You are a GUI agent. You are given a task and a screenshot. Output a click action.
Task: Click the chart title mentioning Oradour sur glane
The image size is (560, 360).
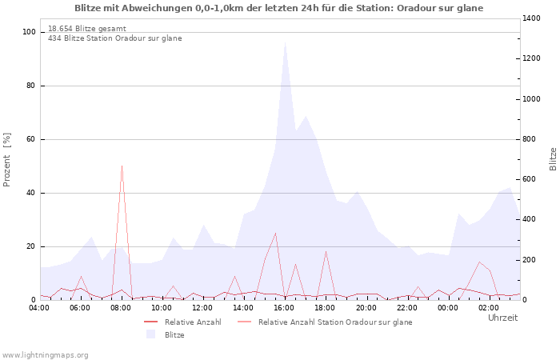pyautogui.click(x=279, y=8)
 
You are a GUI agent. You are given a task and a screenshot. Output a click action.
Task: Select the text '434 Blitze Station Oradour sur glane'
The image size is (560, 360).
pyautogui.click(x=114, y=38)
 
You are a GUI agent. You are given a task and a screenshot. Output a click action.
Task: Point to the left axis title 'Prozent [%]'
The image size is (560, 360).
pyautogui.click(x=7, y=160)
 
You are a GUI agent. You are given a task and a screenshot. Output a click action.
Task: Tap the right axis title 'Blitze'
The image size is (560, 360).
pyautogui.click(x=553, y=158)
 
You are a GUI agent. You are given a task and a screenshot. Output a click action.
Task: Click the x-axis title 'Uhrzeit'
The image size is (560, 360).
pyautogui.click(x=502, y=318)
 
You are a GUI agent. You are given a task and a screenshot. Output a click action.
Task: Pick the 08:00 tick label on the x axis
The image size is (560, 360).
pyautogui.click(x=122, y=308)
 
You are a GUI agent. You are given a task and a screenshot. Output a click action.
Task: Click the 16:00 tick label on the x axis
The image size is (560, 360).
pyautogui.click(x=285, y=308)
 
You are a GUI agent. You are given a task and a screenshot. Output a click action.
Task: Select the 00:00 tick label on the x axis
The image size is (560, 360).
pyautogui.click(x=448, y=308)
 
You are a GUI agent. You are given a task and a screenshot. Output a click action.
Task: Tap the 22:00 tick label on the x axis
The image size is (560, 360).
pyautogui.click(x=407, y=308)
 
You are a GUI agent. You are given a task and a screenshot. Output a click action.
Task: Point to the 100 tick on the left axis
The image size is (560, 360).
pyautogui.click(x=30, y=32)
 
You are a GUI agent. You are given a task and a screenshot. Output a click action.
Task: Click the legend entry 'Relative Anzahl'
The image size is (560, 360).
pyautogui.click(x=192, y=322)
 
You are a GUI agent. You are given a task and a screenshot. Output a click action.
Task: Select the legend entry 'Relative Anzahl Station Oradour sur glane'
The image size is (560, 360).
pyautogui.click(x=335, y=322)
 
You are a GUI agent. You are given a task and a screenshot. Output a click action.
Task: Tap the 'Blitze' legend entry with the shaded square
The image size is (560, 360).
pyautogui.click(x=174, y=335)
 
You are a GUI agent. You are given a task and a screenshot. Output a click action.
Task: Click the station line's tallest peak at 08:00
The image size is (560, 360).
pyautogui.click(x=122, y=166)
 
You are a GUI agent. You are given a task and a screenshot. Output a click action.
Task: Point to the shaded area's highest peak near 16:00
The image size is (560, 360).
pyautogui.click(x=285, y=42)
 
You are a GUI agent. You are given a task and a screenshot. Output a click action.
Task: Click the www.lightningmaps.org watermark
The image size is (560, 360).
pyautogui.click(x=45, y=354)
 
